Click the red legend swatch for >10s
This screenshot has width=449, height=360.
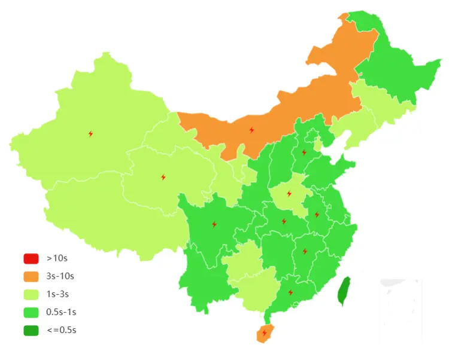coord(31,258)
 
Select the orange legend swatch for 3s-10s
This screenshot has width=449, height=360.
coord(31,276)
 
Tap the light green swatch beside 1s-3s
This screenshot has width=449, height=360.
coord(31,294)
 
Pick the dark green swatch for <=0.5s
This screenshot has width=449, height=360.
coord(31,330)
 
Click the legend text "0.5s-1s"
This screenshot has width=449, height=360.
coord(61,312)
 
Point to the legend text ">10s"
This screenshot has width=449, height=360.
coord(57,258)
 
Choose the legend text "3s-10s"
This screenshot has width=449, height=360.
coord(60,276)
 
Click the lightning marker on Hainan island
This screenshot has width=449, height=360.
coord(263,333)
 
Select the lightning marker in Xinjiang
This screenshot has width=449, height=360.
coord(90,133)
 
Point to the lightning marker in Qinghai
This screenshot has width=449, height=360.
coord(163,177)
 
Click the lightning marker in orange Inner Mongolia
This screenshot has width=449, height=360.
coord(251,130)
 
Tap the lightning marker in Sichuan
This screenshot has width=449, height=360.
coord(214,224)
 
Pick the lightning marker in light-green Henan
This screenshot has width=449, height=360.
coord(289,194)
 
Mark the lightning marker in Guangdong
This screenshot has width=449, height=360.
coord(290,292)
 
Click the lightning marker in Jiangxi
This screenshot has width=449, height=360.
coord(305,251)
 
